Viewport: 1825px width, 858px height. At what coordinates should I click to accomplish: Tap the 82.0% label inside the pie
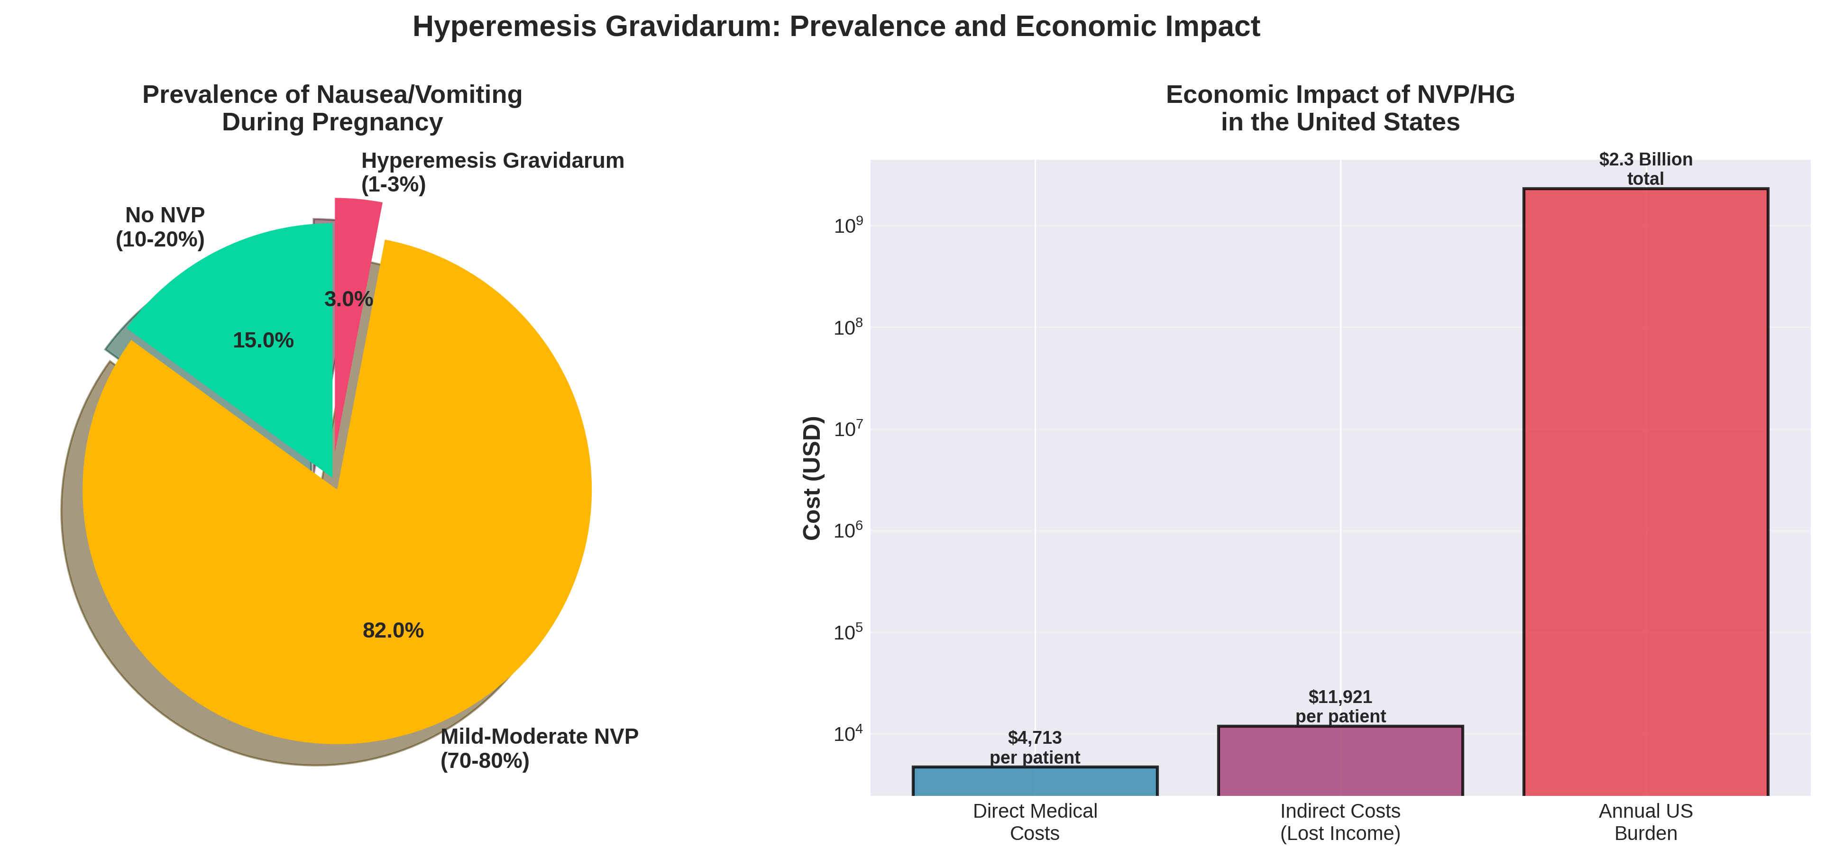point(393,630)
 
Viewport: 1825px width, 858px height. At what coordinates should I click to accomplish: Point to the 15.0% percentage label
point(263,340)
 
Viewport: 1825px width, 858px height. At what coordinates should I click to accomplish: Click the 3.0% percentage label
point(348,299)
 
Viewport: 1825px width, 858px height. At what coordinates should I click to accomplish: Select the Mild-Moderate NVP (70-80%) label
point(539,748)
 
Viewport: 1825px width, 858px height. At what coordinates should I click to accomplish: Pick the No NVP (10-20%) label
point(160,227)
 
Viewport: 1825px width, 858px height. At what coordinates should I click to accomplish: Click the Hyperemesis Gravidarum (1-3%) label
point(492,172)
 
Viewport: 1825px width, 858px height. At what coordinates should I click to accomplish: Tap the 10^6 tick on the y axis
point(848,530)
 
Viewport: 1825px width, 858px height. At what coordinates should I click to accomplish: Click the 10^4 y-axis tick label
point(848,734)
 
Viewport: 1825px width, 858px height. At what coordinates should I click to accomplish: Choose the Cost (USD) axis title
point(812,478)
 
